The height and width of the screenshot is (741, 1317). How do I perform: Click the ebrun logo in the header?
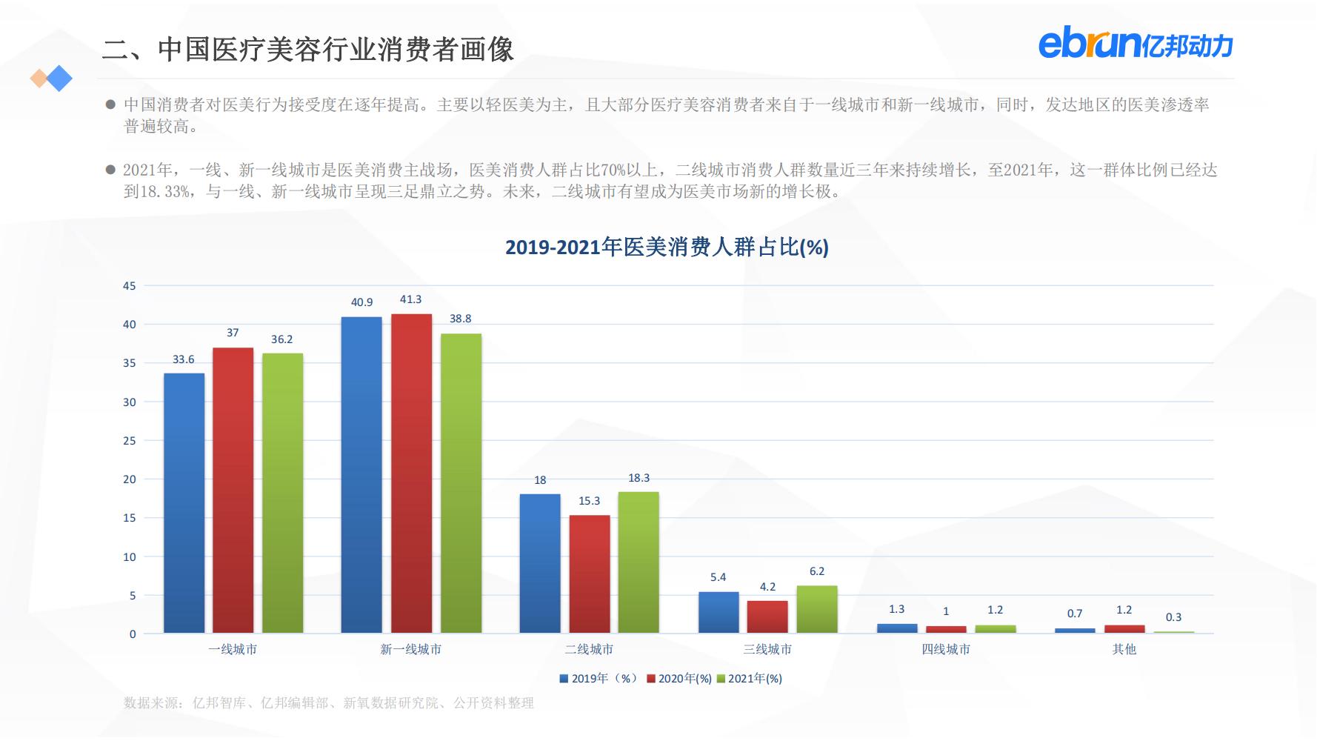point(1135,44)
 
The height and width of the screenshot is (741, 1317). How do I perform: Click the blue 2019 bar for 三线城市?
point(718,612)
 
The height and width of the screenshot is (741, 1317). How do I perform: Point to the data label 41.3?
point(410,299)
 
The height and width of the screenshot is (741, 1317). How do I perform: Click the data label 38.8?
point(460,319)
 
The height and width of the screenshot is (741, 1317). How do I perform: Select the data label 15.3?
point(589,501)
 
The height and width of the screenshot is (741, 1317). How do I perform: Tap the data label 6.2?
point(817,571)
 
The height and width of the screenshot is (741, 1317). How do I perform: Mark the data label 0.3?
point(1173,617)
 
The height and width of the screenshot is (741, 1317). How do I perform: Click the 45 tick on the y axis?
point(130,286)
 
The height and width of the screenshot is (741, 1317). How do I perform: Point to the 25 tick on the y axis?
point(130,441)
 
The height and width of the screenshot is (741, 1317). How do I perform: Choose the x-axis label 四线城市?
point(946,650)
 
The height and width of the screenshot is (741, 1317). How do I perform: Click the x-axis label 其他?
point(1124,650)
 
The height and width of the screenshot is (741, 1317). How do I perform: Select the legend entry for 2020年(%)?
point(679,679)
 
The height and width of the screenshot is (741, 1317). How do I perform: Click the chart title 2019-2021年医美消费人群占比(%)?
point(667,247)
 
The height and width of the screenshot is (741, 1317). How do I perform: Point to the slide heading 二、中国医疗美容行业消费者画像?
point(308,50)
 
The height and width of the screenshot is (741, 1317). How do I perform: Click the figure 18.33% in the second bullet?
point(164,192)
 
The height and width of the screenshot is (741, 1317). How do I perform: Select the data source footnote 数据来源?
point(328,703)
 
